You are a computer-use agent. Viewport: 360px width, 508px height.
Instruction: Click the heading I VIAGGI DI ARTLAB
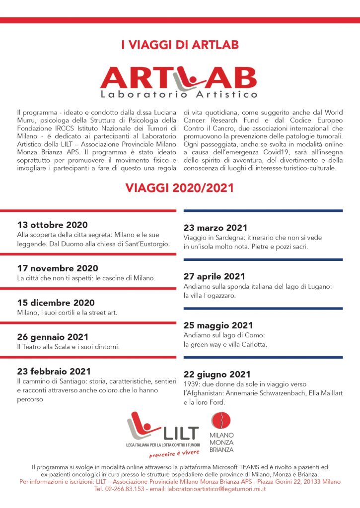coord(180,46)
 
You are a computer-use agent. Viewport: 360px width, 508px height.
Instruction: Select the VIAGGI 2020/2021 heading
coord(180,188)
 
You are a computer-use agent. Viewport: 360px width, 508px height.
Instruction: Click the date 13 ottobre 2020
coord(52,224)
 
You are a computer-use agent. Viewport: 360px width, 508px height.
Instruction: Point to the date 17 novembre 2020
coord(58,268)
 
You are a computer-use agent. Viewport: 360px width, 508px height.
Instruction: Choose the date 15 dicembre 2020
coord(56,303)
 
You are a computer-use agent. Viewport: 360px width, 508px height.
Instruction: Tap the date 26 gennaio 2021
coord(53,336)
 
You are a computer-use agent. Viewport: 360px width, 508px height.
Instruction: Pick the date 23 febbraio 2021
coord(54,371)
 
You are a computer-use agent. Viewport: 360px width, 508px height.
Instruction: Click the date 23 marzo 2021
coord(216,228)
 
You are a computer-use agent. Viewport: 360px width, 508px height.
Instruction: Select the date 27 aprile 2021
coord(215,276)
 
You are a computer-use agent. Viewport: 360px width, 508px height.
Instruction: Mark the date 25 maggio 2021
coord(218,325)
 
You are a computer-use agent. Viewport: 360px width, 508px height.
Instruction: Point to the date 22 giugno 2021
coord(217,374)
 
